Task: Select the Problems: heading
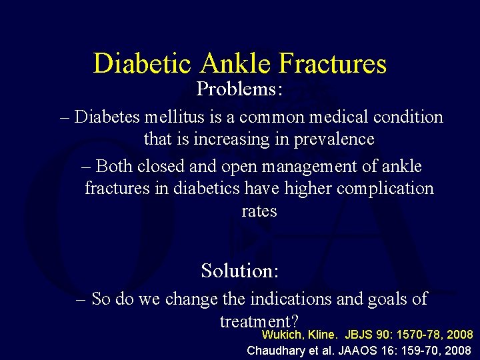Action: click(x=239, y=89)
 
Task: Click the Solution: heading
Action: click(x=240, y=271)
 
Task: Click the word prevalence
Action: click(x=334, y=139)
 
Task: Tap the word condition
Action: click(x=405, y=117)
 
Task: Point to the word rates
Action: click(x=259, y=211)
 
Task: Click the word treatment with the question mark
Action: click(x=259, y=321)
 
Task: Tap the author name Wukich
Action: click(x=281, y=335)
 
